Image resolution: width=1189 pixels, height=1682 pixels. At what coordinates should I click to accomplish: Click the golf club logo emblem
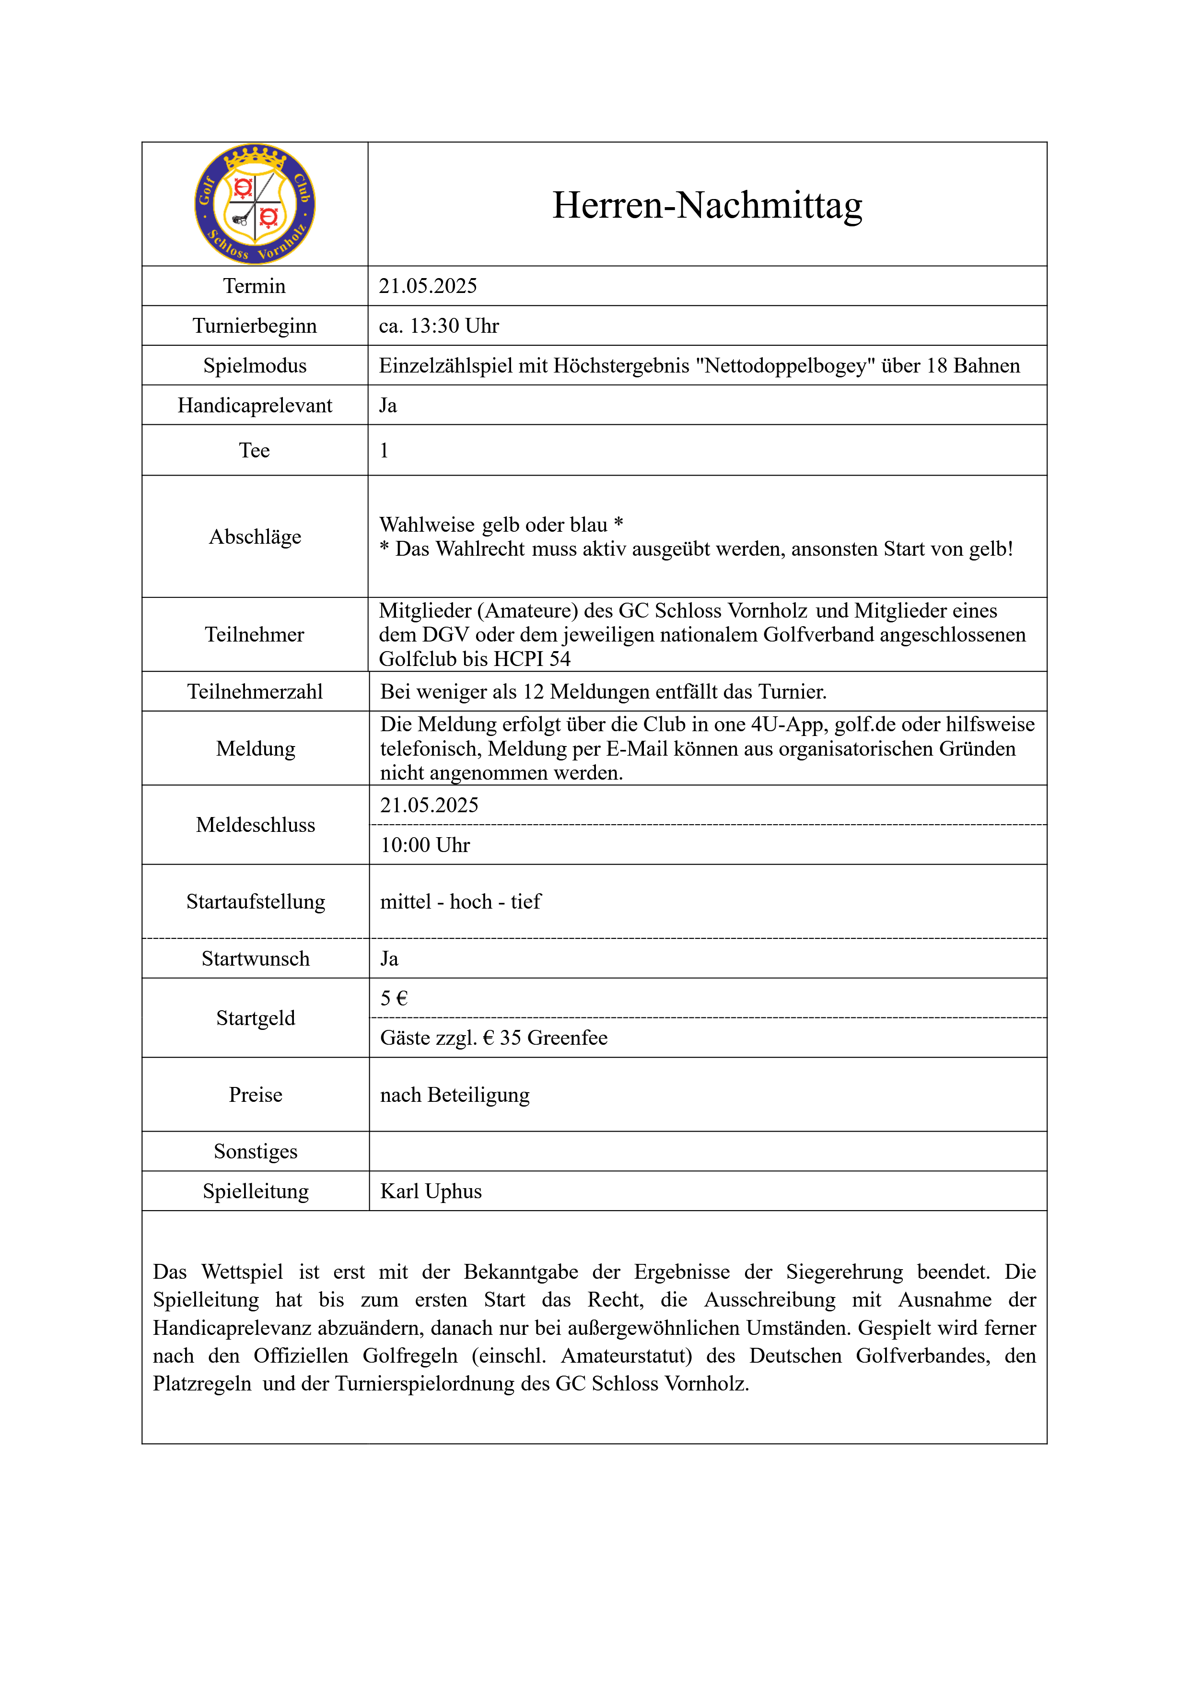tap(255, 204)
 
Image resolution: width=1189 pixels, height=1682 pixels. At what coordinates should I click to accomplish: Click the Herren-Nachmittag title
tap(707, 205)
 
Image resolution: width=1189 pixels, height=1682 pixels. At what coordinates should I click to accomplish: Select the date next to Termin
tap(428, 286)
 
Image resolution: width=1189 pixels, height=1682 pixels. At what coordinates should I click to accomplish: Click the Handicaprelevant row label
tap(255, 405)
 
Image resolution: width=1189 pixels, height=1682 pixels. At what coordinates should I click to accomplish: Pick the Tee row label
tap(254, 451)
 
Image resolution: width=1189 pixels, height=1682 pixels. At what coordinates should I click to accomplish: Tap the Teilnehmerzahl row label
tap(255, 691)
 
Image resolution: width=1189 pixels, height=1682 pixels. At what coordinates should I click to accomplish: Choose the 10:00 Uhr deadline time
tap(425, 845)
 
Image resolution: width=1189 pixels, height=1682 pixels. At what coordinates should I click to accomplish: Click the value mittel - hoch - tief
tap(460, 902)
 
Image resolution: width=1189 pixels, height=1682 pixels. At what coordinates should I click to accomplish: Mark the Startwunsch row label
tap(256, 959)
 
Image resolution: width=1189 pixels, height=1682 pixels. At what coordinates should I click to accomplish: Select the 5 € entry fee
tap(394, 998)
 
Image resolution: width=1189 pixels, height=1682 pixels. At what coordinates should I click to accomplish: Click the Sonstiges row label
tap(256, 1152)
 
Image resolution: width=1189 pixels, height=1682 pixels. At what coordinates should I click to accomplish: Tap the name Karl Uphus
tap(431, 1191)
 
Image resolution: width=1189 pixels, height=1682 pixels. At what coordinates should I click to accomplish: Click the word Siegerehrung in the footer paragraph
tap(844, 1272)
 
